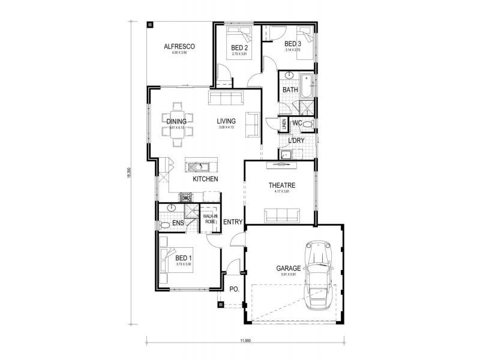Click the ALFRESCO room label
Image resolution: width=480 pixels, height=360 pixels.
pos(180,46)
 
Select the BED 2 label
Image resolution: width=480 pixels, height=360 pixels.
pos(240,47)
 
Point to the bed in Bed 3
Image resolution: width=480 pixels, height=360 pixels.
pos(306,35)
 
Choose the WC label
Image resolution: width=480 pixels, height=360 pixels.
pos(297,123)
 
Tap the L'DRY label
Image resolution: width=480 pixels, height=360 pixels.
pos(296,140)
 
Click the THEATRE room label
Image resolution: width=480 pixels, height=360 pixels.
pos(282,185)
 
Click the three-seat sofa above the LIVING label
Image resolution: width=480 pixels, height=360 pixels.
pos(225,99)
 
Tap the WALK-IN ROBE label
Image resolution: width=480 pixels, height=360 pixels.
pos(209,218)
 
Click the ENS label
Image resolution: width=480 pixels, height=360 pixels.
pos(178,223)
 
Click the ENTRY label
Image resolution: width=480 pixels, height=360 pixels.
pos(233,222)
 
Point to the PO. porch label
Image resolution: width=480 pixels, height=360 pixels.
pos(235,289)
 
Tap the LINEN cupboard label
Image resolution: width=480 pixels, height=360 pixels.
pos(284,124)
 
